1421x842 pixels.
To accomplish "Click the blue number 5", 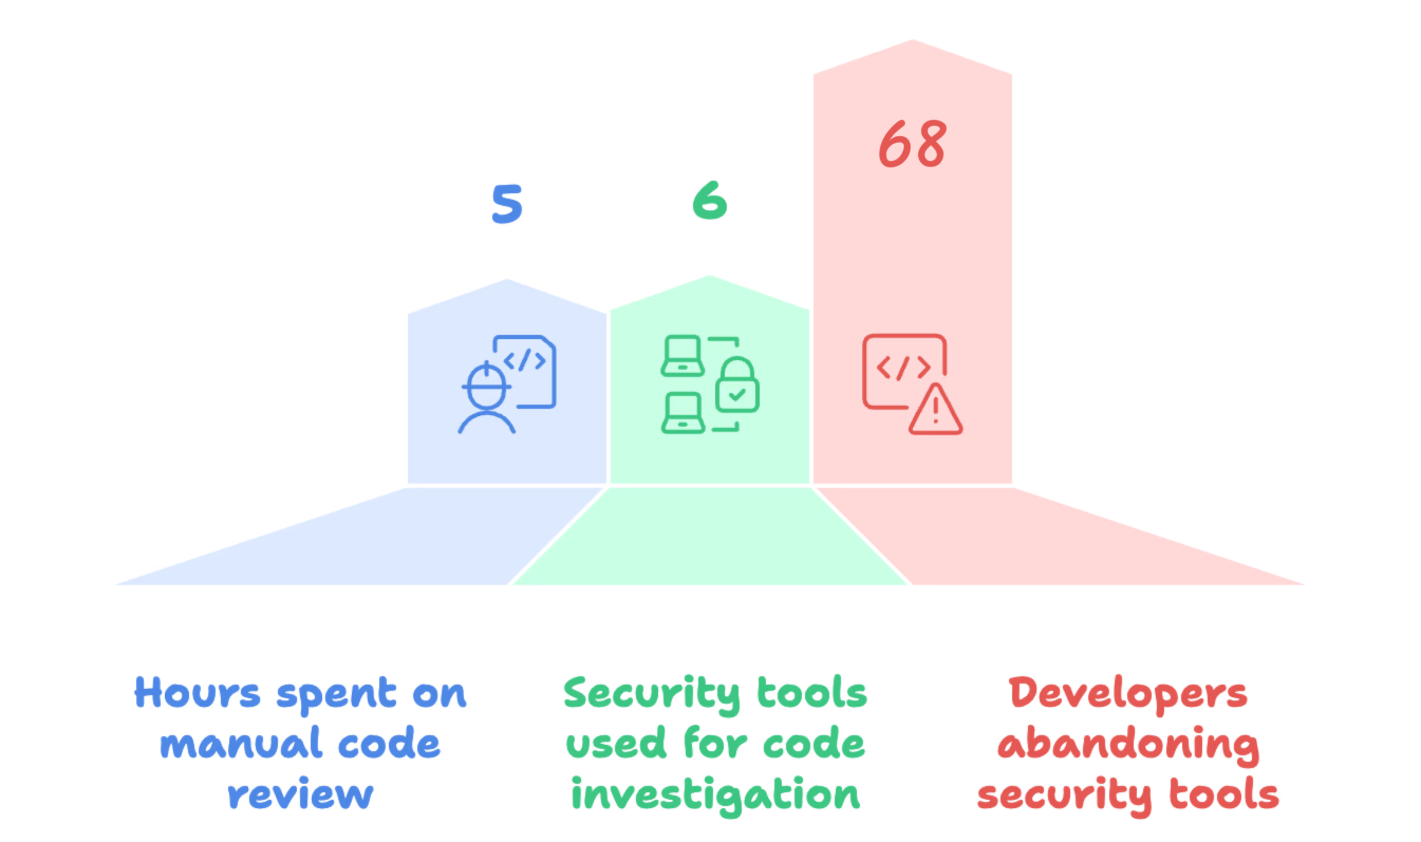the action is [x=507, y=204].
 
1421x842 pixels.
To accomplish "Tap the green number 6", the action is [x=709, y=200].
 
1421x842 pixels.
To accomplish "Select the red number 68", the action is [x=912, y=144].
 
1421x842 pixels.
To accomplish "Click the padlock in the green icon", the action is [x=737, y=386].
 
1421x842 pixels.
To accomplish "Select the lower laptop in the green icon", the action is [x=683, y=413].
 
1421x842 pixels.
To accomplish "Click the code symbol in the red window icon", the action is [x=904, y=368].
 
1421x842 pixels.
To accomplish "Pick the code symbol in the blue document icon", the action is [x=525, y=360].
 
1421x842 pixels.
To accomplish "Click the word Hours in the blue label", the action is [x=197, y=693].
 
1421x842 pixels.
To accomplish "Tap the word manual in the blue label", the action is [x=241, y=744].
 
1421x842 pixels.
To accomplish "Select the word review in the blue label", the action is [x=301, y=795].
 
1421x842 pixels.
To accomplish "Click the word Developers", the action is [x=1128, y=694].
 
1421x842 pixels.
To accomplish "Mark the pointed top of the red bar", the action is [x=912, y=43].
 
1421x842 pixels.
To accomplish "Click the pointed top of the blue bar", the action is [x=507, y=282].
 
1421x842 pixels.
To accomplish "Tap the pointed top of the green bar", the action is [x=709, y=278].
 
